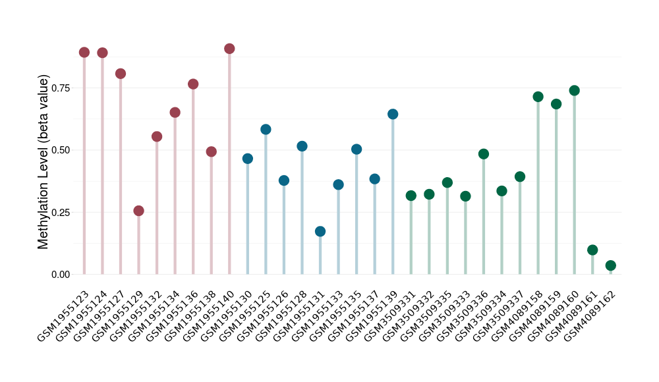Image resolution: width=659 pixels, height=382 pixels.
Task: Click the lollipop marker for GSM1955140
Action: tap(229, 49)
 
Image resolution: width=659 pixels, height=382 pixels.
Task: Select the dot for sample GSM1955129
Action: tap(138, 211)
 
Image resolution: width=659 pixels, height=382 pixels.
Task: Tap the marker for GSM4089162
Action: tap(610, 265)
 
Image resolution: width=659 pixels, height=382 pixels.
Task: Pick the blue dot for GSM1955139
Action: tap(393, 114)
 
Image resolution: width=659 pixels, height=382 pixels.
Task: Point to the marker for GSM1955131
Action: tap(320, 231)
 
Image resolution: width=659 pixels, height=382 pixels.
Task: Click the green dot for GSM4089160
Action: tap(574, 90)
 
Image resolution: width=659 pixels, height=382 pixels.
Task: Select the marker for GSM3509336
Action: tap(484, 154)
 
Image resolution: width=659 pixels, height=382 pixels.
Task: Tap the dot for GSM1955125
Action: tap(266, 129)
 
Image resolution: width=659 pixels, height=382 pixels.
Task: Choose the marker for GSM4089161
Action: tap(592, 250)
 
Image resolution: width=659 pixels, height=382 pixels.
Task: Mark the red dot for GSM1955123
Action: tap(84, 52)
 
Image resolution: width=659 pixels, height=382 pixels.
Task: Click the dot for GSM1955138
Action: tap(212, 151)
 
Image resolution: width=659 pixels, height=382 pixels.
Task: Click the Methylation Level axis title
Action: tap(43, 162)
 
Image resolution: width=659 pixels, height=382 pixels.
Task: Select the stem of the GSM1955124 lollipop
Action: tap(102, 165)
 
